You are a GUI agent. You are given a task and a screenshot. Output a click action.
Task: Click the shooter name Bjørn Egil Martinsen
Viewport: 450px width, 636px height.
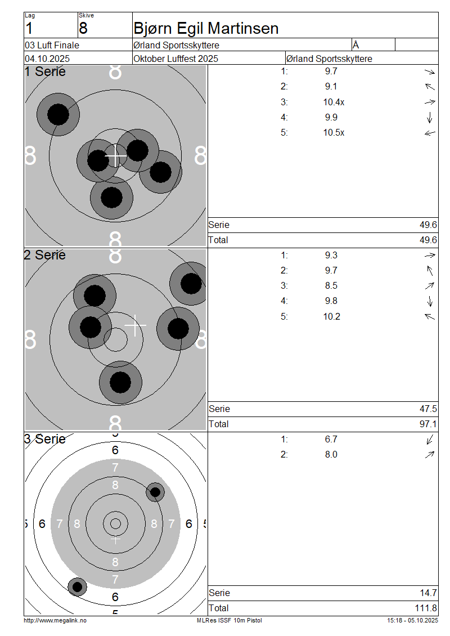click(x=206, y=28)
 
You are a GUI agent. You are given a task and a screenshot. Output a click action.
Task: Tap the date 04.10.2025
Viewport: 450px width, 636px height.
click(x=47, y=59)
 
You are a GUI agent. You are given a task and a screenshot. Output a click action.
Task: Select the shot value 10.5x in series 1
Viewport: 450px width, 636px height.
click(x=334, y=133)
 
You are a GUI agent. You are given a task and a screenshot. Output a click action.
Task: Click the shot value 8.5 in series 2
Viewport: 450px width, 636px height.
click(x=331, y=285)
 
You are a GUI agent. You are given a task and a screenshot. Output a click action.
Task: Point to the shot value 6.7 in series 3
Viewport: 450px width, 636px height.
click(x=331, y=439)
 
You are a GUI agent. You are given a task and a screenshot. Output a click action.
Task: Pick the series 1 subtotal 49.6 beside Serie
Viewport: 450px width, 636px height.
click(x=428, y=225)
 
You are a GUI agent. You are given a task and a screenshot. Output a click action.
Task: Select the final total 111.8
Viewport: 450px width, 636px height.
click(x=426, y=608)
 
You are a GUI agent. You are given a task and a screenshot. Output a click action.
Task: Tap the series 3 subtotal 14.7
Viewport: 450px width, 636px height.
click(x=428, y=593)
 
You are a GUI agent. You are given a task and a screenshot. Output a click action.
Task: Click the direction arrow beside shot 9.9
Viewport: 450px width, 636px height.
click(x=430, y=118)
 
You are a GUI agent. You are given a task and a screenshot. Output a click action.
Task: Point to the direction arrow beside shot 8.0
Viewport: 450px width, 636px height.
click(x=430, y=455)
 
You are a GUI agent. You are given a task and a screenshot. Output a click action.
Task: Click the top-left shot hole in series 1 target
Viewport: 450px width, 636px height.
click(x=57, y=114)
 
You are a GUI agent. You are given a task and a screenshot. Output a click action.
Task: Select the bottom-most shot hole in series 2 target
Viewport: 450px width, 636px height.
click(x=120, y=382)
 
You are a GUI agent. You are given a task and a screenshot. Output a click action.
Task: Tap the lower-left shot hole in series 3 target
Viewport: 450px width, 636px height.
click(x=78, y=587)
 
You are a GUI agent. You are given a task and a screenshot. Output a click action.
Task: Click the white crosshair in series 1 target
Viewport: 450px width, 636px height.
click(x=116, y=155)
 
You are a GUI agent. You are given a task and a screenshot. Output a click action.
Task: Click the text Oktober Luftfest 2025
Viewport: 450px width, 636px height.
click(x=176, y=59)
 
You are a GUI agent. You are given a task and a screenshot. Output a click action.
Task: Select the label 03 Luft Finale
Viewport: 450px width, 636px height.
click(x=52, y=45)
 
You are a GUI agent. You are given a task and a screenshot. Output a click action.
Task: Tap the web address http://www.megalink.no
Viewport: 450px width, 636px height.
click(x=55, y=620)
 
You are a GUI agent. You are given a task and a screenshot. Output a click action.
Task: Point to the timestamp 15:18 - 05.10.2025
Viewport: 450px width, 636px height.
click(x=412, y=620)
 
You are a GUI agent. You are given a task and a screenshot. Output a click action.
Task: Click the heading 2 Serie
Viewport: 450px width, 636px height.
click(x=45, y=255)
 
